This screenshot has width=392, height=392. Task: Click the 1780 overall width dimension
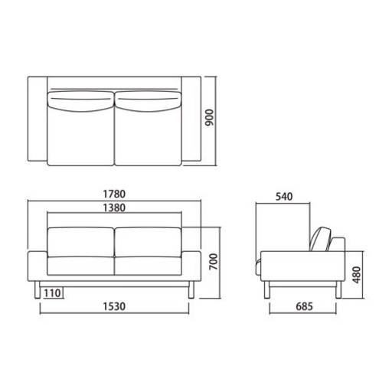tap(114, 194)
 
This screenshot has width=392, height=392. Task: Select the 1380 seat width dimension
tap(114, 208)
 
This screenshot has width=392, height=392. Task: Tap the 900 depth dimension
tap(210, 118)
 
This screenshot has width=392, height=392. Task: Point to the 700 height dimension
tap(214, 262)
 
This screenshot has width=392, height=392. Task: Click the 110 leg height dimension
tap(52, 293)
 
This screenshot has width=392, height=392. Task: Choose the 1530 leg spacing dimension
tap(114, 306)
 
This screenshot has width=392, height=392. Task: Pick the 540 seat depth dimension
tap(284, 197)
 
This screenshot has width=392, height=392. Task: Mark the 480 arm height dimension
tap(356, 275)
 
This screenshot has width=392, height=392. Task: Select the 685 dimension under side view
tap(304, 306)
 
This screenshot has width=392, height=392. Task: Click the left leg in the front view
tap(38, 289)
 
